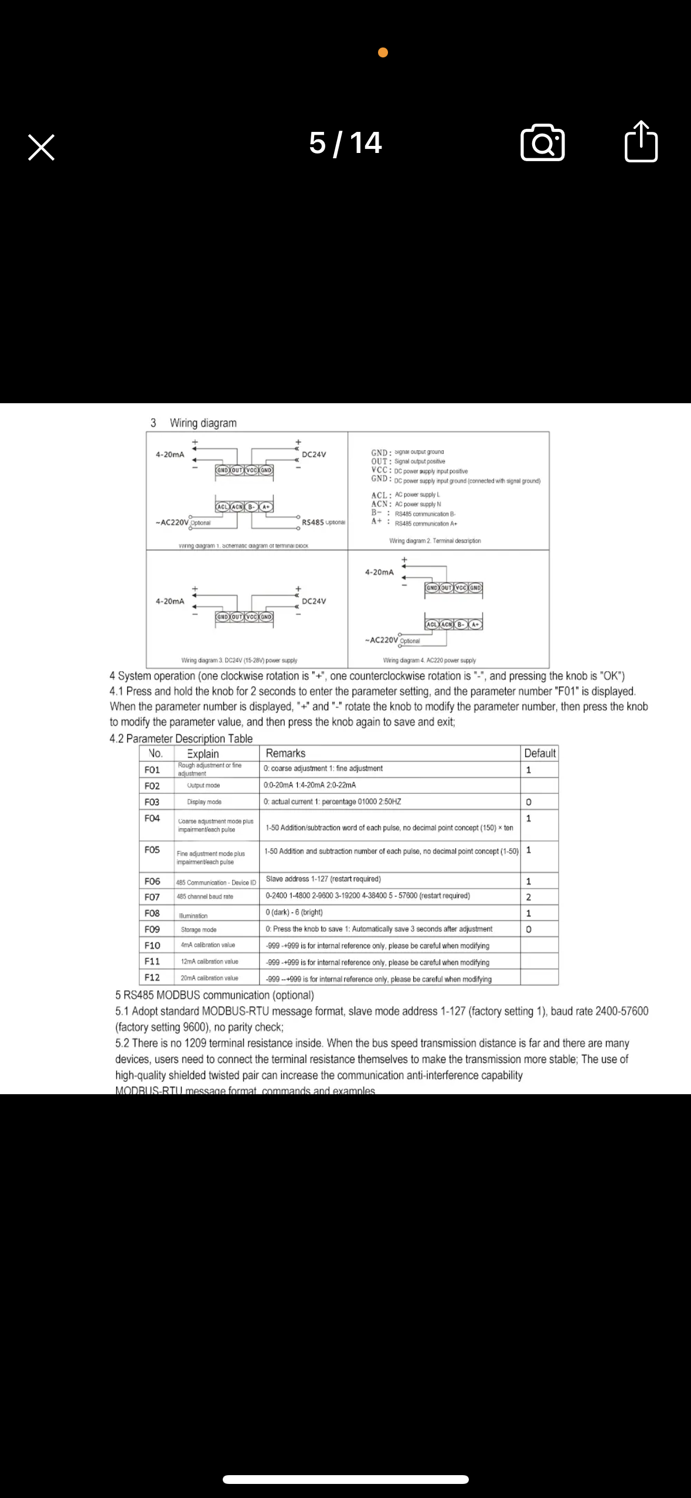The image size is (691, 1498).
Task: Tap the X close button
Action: tap(41, 147)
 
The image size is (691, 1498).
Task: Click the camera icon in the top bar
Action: tap(542, 142)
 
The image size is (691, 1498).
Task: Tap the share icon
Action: tap(641, 141)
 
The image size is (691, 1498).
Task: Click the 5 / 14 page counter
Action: tap(345, 143)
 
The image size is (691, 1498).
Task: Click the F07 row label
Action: tap(152, 897)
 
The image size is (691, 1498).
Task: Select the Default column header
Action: tap(539, 753)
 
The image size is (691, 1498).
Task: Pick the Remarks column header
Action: tap(285, 753)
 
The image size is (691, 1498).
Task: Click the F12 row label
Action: tap(152, 977)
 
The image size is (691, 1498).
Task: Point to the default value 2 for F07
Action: tap(529, 897)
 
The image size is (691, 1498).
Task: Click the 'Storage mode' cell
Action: tap(199, 930)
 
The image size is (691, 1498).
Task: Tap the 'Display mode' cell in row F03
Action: tap(204, 802)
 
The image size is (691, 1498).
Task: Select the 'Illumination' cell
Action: tap(193, 915)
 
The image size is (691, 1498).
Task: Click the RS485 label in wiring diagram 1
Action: tap(312, 522)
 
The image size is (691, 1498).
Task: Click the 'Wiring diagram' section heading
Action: tap(203, 423)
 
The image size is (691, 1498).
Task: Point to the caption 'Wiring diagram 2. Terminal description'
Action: tap(435, 541)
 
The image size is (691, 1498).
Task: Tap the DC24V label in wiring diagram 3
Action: tap(314, 601)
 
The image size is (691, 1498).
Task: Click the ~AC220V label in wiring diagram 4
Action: tap(381, 640)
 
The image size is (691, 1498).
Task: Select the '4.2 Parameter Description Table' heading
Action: tap(181, 738)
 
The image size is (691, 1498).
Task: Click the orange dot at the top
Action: tap(383, 53)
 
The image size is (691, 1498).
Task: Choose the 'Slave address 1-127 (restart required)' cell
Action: tap(323, 879)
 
